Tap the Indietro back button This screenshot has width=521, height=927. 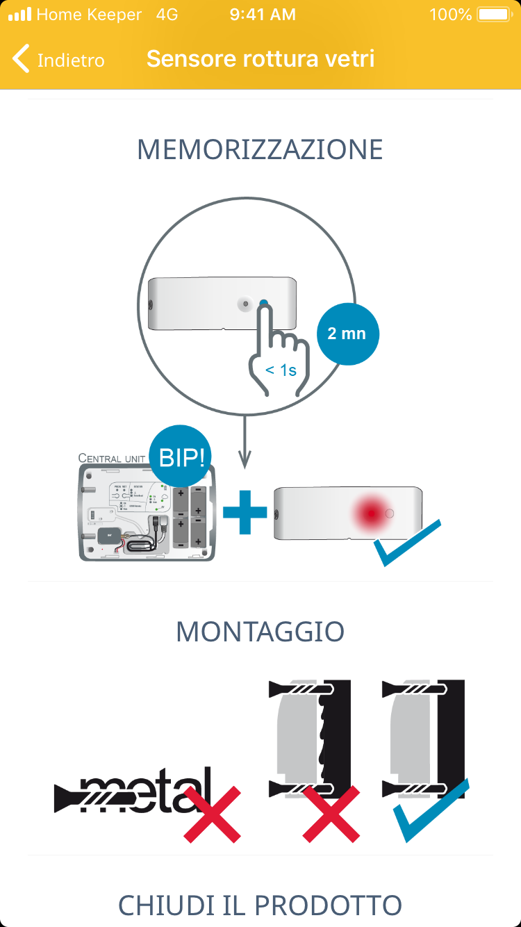tap(59, 60)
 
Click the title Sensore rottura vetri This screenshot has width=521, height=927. tap(260, 59)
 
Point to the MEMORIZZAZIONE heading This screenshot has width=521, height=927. tap(260, 150)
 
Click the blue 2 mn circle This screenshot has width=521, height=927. tap(346, 334)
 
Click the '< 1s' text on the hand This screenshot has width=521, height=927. tap(281, 370)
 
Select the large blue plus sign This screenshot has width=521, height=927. tap(245, 513)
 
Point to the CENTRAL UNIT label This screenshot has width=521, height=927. tap(111, 459)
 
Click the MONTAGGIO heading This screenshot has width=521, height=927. tap(260, 632)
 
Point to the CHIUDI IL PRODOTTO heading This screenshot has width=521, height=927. tap(260, 905)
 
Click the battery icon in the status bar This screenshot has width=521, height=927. tap(494, 15)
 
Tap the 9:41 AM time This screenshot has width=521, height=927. tap(262, 15)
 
